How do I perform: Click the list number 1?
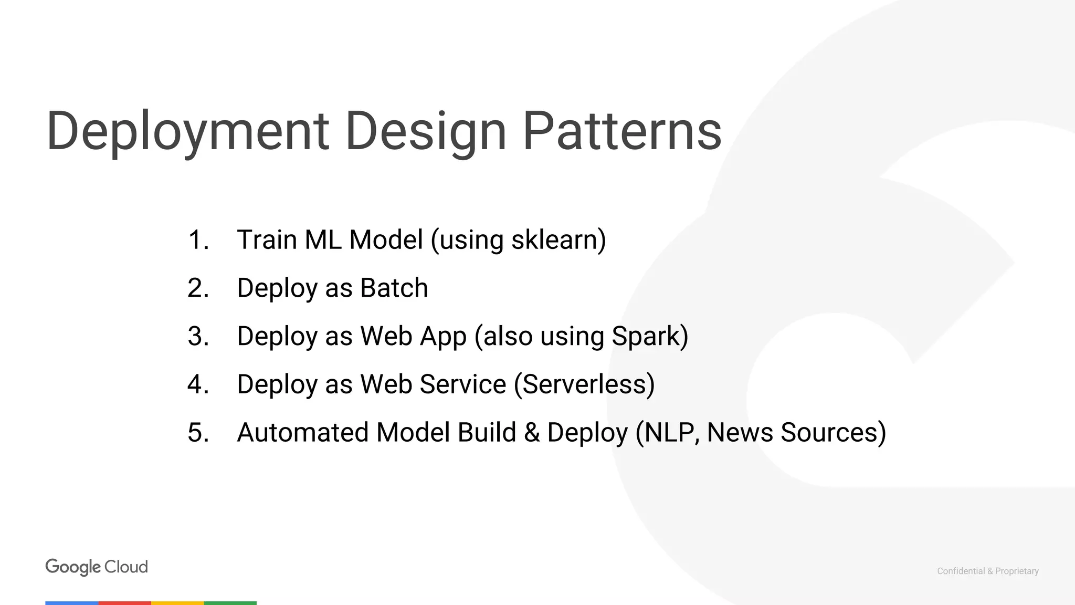coord(198,240)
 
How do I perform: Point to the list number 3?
coord(198,336)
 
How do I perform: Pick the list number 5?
coord(198,433)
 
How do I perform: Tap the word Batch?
coord(394,288)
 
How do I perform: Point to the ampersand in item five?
coord(532,433)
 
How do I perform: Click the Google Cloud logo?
coord(97,567)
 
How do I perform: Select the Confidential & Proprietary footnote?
coord(987,571)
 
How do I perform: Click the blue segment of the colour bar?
coord(72,603)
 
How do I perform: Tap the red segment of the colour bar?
coord(125,603)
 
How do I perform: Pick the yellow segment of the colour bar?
coord(177,603)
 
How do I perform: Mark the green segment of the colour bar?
coord(230,603)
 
